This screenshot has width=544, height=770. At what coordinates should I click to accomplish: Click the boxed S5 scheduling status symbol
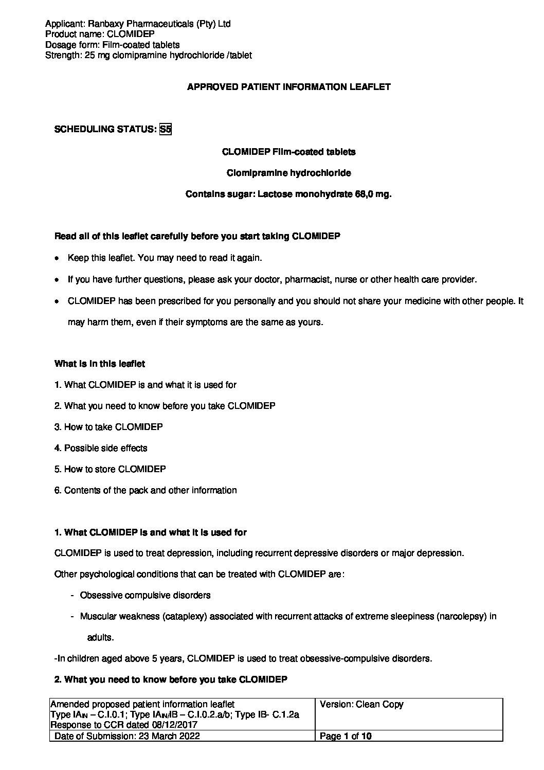pos(165,130)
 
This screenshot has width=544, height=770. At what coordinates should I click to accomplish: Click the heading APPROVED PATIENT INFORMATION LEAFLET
pos(288,87)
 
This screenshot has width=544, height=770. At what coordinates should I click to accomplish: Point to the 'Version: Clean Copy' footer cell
pos(361,705)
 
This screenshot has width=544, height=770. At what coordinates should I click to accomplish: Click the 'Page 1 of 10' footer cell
pos(346,736)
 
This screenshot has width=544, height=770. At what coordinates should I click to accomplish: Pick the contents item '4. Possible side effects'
pos(101,448)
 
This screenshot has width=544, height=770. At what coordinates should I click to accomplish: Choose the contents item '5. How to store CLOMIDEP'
pos(110,469)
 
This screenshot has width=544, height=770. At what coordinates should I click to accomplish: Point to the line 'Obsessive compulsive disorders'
pos(145,595)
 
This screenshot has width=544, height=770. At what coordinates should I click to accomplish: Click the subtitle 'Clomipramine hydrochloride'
pos(289,173)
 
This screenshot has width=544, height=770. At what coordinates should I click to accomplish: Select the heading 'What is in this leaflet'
pos(100,364)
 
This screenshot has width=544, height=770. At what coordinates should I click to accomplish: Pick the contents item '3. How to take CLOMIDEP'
pos(108,427)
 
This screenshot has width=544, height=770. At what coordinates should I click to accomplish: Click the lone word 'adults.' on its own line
pos(100,637)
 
